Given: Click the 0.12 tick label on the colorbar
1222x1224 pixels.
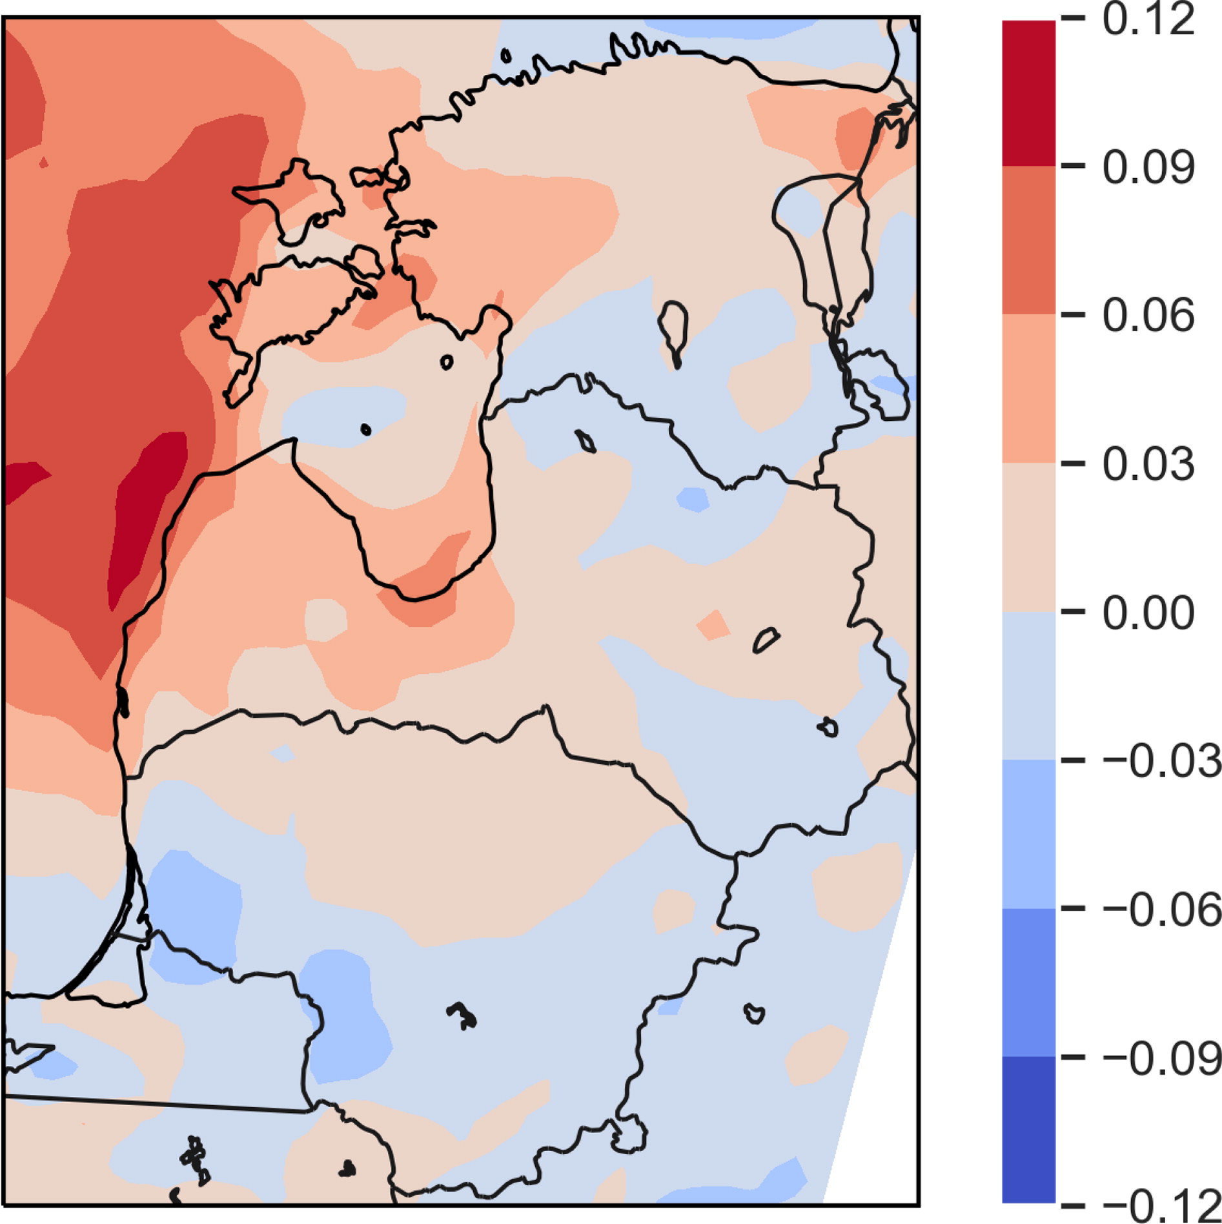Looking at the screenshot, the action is coord(1148,20).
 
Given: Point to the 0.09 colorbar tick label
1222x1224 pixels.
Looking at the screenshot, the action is coord(1148,167).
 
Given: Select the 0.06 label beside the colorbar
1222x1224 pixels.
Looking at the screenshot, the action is coord(1148,316).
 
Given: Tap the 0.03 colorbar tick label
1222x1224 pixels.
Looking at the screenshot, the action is coord(1148,464).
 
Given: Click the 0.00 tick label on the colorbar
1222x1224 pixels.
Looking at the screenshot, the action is coord(1148,613).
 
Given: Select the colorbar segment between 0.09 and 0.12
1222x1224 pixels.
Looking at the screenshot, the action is coord(1029,93).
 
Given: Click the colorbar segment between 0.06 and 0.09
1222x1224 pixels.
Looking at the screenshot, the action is coord(1029,240).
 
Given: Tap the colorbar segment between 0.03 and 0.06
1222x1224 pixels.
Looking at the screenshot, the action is coord(1029,389).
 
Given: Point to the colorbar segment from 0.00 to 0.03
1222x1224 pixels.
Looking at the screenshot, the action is coord(1029,537).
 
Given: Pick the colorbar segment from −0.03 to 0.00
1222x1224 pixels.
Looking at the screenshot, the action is coord(1029,686).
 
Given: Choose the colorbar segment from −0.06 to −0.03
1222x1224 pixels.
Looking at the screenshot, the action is coord(1029,834).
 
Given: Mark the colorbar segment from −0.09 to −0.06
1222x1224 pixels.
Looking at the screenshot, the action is coord(1029,983).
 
